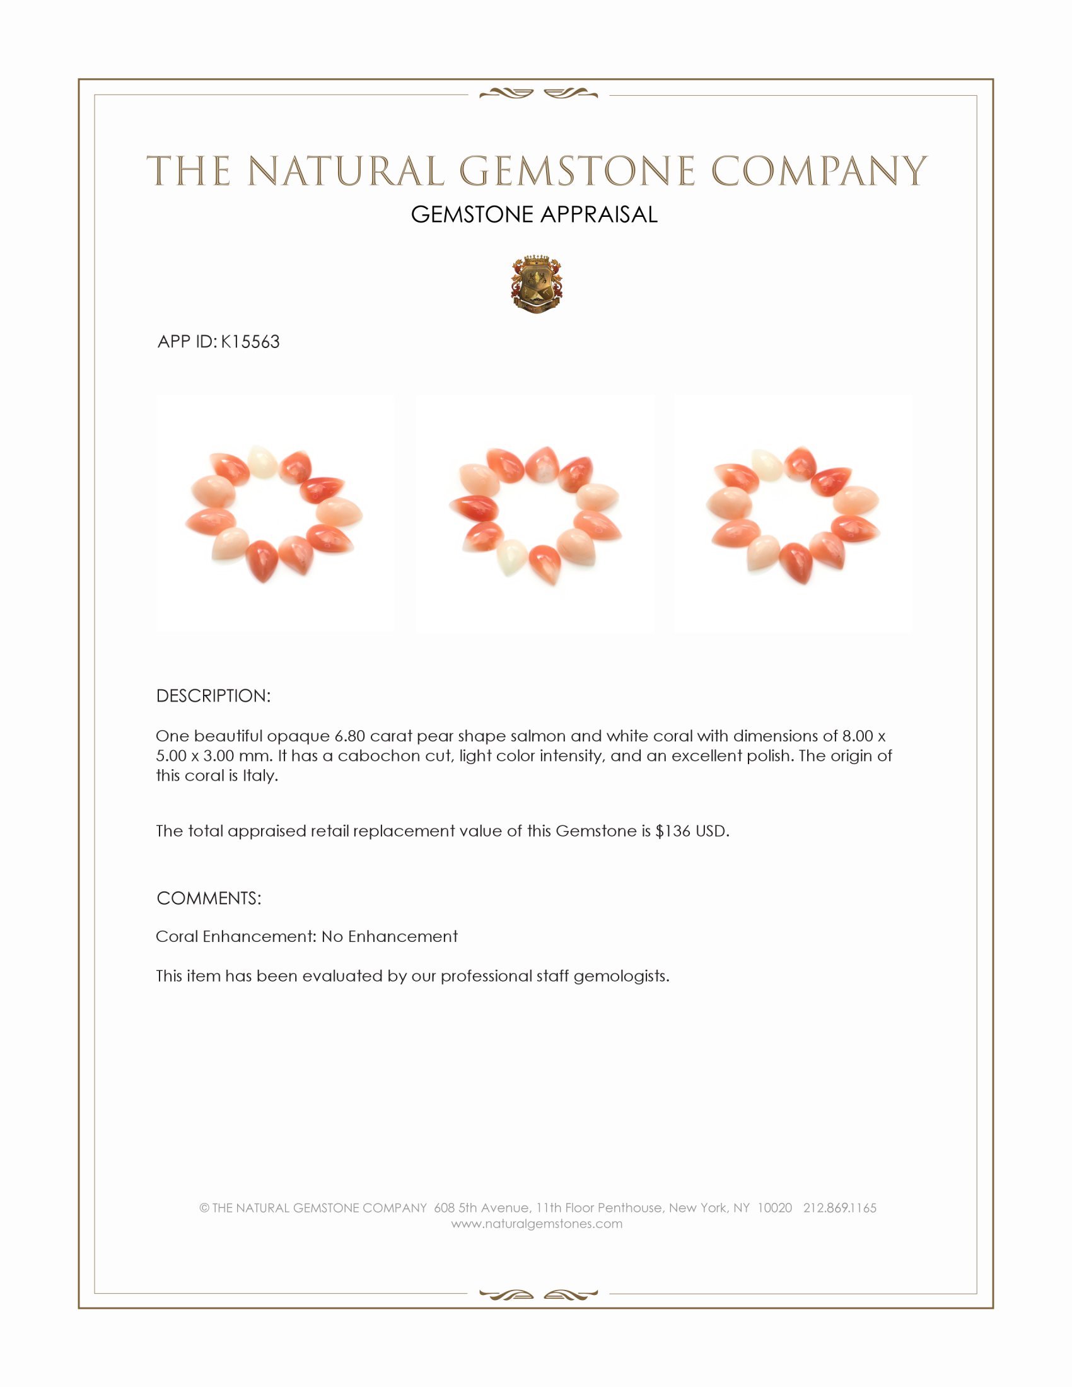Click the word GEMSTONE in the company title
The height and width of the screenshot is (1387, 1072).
tap(576, 171)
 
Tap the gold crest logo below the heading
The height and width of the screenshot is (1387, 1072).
tap(537, 284)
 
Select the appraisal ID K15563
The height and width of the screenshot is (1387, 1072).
tap(250, 342)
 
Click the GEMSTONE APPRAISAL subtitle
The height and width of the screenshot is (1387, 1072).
tap(534, 214)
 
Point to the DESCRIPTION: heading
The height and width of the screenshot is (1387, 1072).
tap(213, 696)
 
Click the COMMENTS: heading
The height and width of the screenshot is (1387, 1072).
tap(209, 898)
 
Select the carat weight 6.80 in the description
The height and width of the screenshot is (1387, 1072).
tap(349, 736)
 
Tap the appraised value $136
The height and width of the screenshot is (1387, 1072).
tap(673, 832)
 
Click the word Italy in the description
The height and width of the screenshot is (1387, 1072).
tap(260, 776)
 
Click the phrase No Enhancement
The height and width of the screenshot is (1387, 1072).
tap(389, 937)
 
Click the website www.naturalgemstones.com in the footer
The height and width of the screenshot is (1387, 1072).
tap(537, 1224)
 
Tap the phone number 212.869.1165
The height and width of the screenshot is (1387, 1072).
tap(839, 1208)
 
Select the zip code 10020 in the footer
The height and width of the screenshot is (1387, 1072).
tap(774, 1208)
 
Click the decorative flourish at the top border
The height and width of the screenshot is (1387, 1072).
tap(539, 94)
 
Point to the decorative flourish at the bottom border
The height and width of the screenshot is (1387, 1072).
tap(539, 1295)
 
